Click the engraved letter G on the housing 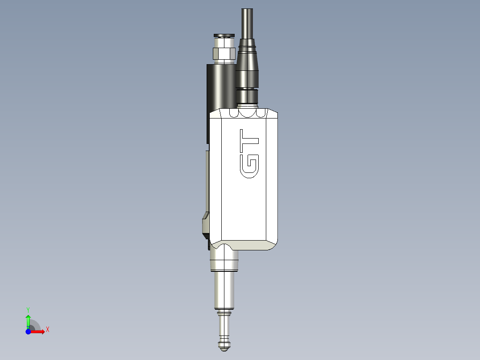249,166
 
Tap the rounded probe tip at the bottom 225,343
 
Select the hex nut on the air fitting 224,53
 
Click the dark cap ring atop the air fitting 224,35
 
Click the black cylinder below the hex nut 221,87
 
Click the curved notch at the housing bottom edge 224,246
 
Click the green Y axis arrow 28,320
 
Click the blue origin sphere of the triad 28,331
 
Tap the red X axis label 47,330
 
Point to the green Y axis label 28,309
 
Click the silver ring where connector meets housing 248,105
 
